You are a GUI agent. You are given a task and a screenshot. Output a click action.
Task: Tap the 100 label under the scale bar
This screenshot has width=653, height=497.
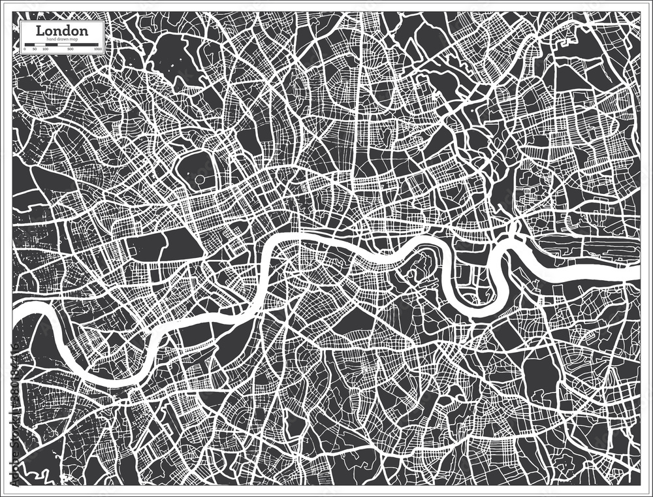[46, 50]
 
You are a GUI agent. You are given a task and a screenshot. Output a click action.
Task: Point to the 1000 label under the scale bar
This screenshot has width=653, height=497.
[98, 50]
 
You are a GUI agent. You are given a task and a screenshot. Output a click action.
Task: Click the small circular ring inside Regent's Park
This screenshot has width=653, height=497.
[199, 178]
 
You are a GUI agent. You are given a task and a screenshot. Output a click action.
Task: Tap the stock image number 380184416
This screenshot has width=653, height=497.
[7, 366]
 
